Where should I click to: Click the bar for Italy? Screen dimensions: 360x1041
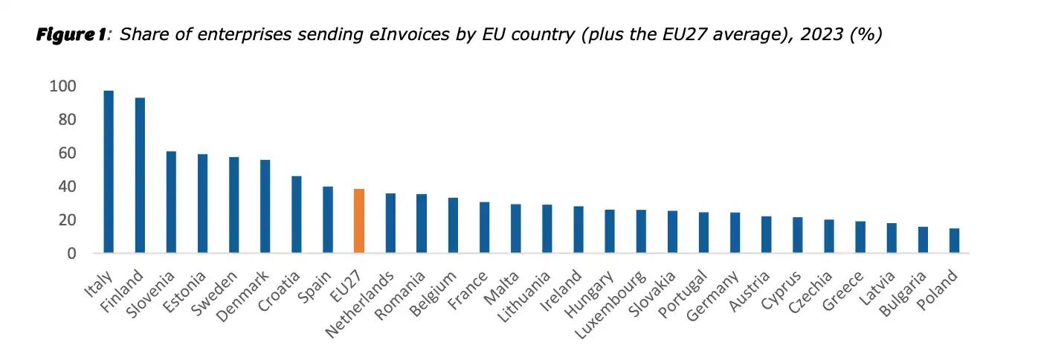[x=109, y=172]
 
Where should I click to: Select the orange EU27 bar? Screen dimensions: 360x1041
[x=359, y=221]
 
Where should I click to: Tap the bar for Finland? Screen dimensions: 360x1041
[x=140, y=176]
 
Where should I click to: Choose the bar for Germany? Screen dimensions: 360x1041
[x=735, y=233]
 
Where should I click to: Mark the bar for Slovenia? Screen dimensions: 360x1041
[x=171, y=202]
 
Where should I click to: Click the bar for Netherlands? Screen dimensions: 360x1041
[x=390, y=223]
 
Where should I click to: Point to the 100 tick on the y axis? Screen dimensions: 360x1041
[x=62, y=86]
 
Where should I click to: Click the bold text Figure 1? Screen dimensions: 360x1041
[x=71, y=35]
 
